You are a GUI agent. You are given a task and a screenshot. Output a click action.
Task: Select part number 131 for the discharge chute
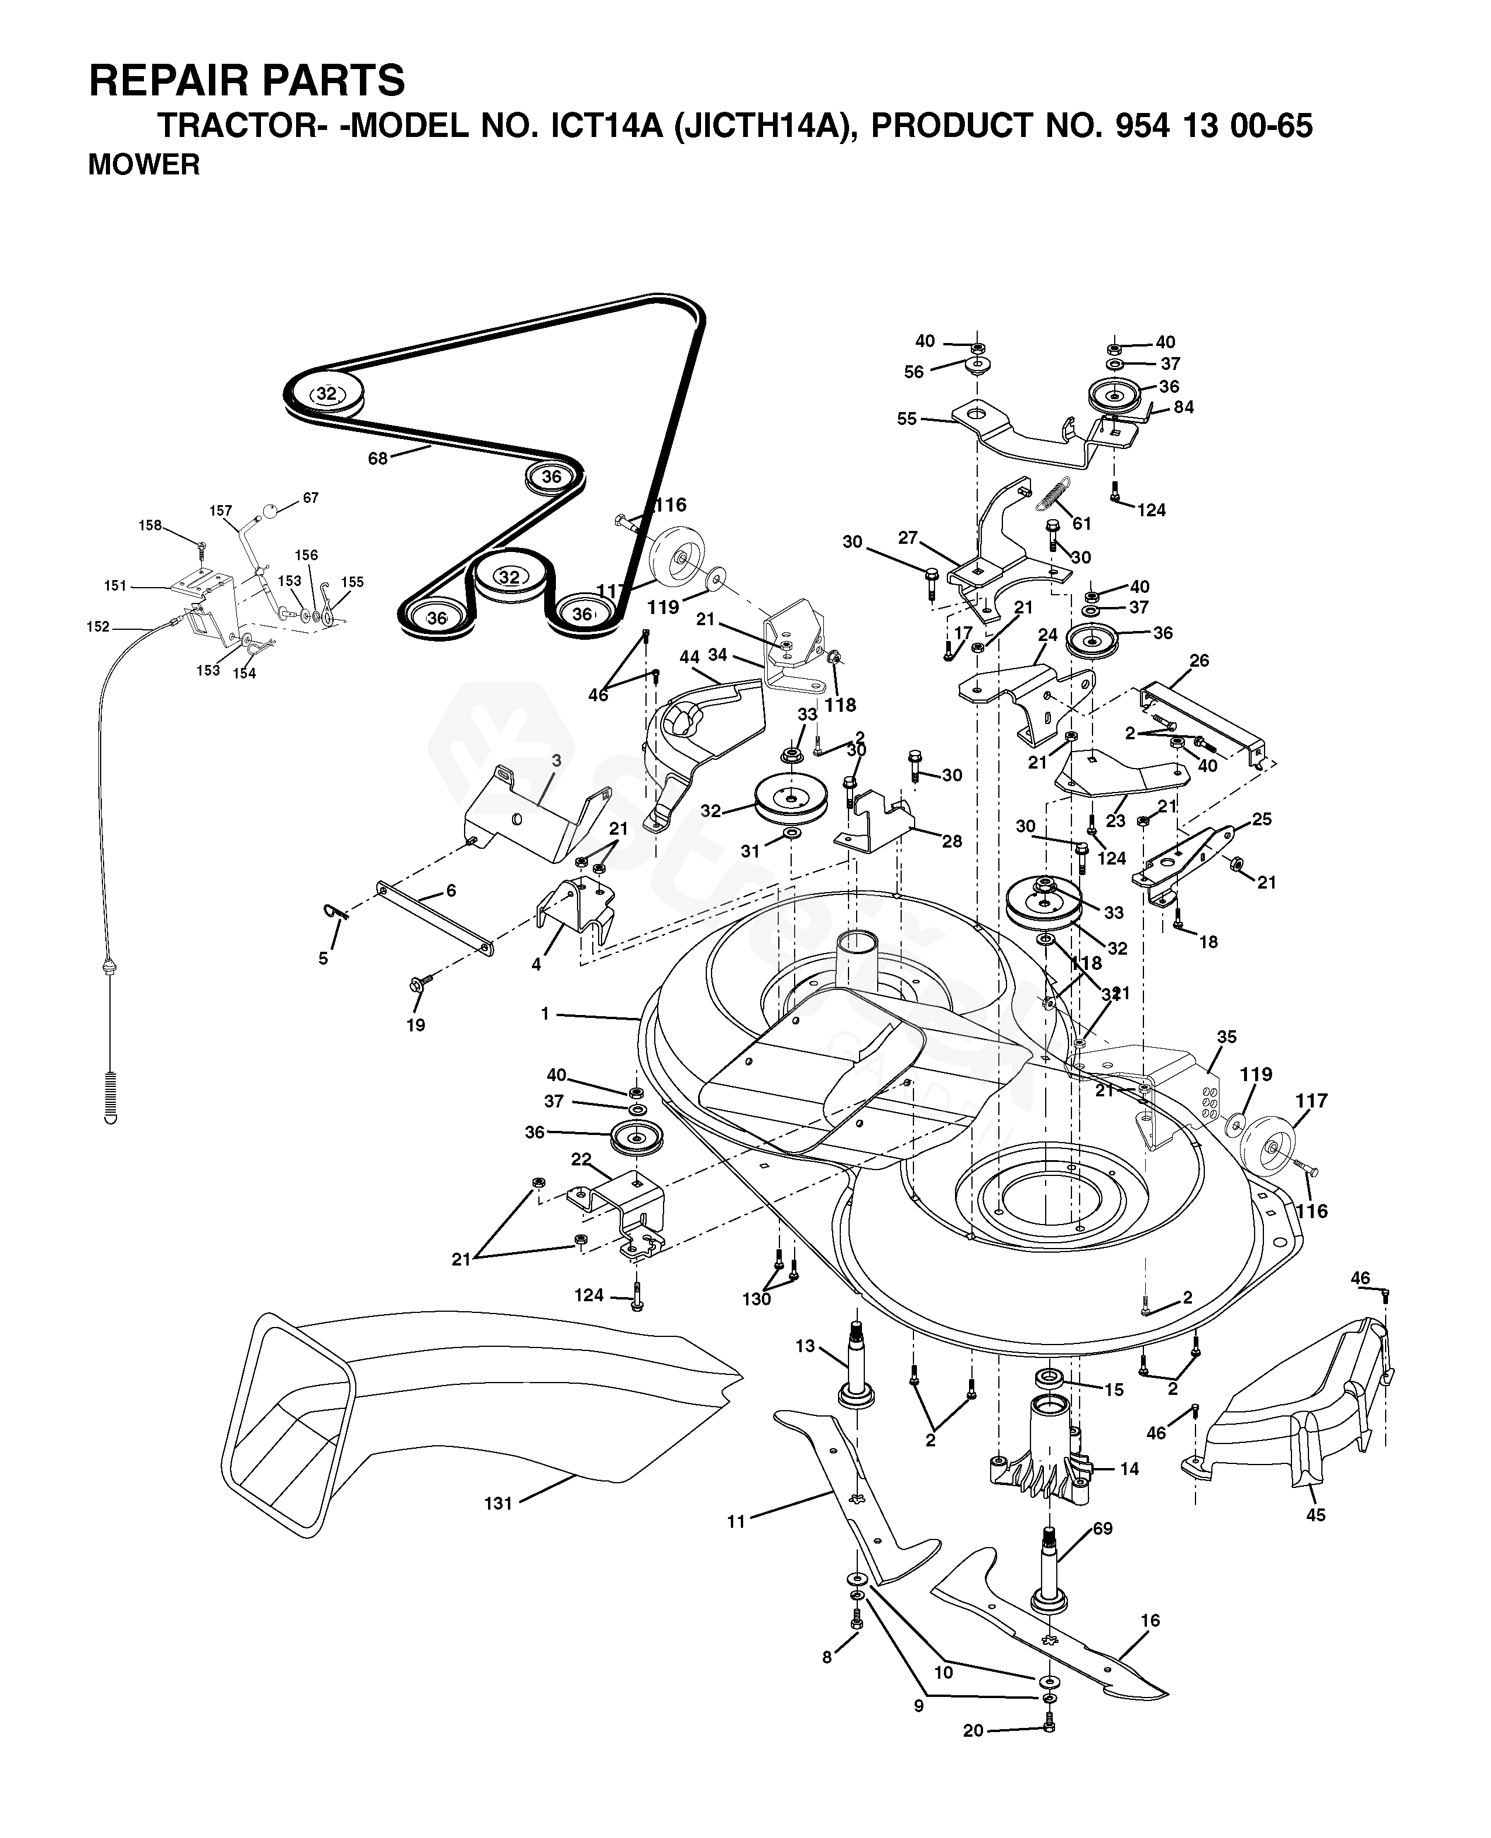[498, 1503]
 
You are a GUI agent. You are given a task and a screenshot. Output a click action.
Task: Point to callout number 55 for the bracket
[907, 419]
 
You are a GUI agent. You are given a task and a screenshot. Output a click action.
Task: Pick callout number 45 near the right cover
[1316, 1539]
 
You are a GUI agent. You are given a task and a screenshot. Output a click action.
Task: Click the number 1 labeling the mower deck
[545, 1014]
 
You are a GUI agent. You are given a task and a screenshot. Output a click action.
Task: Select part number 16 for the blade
[1150, 1620]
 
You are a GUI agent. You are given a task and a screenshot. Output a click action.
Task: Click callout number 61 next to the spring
[1081, 524]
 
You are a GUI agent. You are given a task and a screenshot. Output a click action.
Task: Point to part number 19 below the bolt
[415, 1024]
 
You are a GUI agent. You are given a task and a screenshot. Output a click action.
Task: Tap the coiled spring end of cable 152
[111, 1098]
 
